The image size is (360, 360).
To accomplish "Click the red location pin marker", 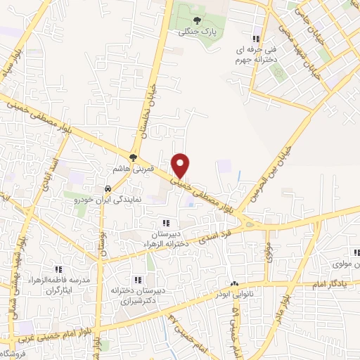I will click(x=181, y=165).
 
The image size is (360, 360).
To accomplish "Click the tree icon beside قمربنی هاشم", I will click(x=134, y=157).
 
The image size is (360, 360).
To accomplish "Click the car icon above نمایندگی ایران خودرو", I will click(x=107, y=189).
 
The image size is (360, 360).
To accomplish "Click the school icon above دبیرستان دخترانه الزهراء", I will click(x=166, y=223).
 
